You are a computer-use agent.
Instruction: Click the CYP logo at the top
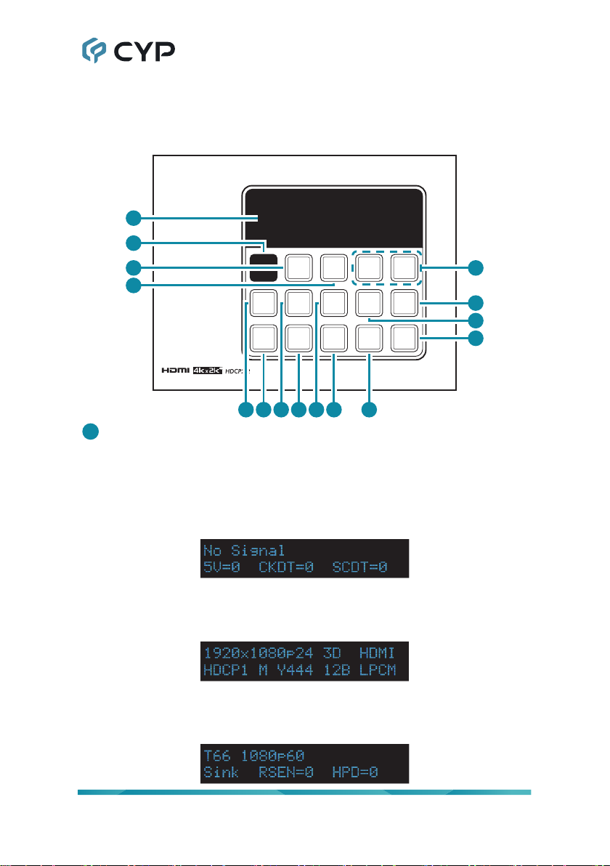pos(127,52)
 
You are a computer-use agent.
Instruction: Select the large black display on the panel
pos(333,217)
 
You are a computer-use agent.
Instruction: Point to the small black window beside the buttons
pos(264,267)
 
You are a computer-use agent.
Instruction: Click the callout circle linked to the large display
pos(133,216)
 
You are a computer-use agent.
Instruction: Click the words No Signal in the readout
pos(245,551)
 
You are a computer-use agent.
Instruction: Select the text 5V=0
pos(223,567)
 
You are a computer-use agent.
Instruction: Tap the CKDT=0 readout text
pos(286,567)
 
